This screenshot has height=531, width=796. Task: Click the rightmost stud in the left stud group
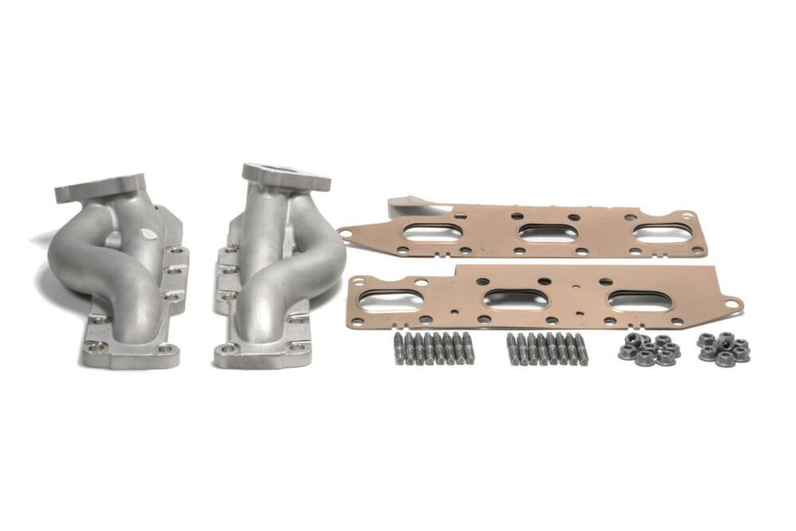(468, 346)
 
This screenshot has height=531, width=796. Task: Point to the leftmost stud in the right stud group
(510, 348)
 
